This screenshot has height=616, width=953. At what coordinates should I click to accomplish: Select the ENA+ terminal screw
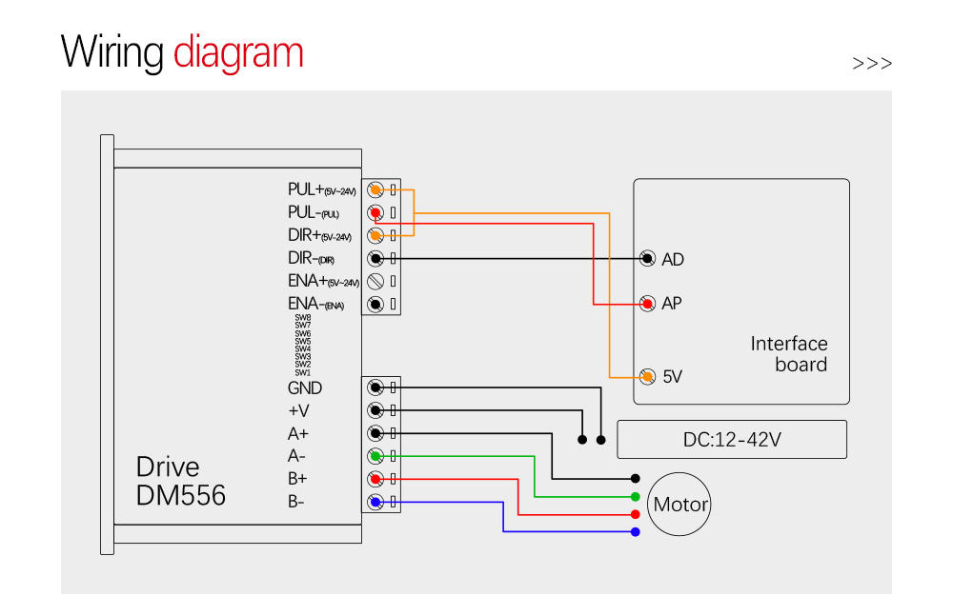(x=375, y=282)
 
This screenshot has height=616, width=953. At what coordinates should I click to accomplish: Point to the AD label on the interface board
(x=673, y=259)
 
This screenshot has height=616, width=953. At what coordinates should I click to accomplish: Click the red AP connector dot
(x=648, y=304)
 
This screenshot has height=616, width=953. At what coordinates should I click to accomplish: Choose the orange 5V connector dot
(x=648, y=376)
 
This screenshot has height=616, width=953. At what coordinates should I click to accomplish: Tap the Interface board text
(x=789, y=354)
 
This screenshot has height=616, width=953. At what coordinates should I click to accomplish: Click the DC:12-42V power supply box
(x=732, y=440)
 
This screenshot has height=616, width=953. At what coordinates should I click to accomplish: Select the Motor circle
(x=680, y=503)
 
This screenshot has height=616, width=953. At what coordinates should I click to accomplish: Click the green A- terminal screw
(x=375, y=456)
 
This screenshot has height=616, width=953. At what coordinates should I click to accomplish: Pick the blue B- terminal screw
(x=375, y=502)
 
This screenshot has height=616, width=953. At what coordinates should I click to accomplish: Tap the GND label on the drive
(x=305, y=388)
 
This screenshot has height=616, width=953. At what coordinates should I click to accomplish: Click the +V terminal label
(x=298, y=411)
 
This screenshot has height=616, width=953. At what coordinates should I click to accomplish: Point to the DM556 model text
(x=181, y=495)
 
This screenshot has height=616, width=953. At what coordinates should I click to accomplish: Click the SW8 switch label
(x=303, y=317)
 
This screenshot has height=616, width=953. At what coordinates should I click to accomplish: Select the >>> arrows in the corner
(x=872, y=64)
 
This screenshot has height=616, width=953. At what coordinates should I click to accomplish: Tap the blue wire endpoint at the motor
(x=636, y=531)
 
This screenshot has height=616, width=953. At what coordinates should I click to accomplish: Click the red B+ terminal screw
(x=375, y=479)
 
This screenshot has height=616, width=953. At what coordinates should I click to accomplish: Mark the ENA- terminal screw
(x=375, y=305)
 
